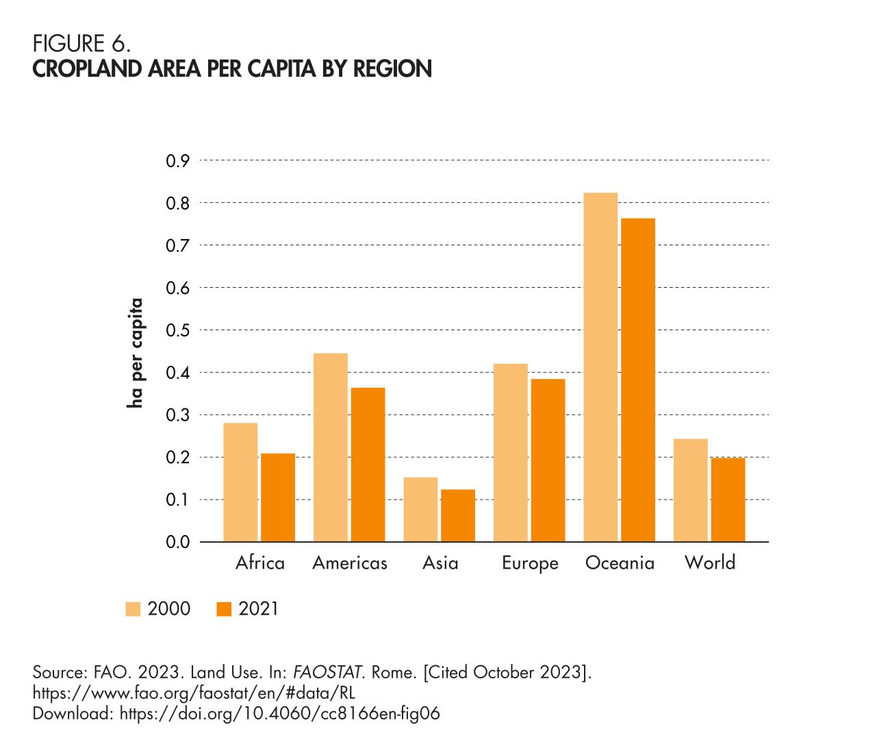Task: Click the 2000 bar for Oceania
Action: coord(600,367)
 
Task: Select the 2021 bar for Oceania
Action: coord(638,380)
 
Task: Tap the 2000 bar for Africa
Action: coord(240,482)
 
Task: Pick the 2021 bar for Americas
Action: coord(368,465)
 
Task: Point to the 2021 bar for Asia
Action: coord(458,515)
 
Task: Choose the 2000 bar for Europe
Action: coord(510,452)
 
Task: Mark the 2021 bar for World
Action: coord(728,499)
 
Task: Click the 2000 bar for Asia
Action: coord(420,509)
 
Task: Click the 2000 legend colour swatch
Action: coord(133,609)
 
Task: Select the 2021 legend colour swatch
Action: coord(224,609)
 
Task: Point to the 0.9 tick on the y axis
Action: coord(177,161)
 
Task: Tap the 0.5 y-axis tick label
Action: coord(177,330)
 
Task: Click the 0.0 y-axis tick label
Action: coord(177,543)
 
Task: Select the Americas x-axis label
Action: coord(350,563)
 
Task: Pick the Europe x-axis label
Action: coord(530,563)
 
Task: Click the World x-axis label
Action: coord(710,563)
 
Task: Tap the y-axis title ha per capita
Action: coord(136,352)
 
